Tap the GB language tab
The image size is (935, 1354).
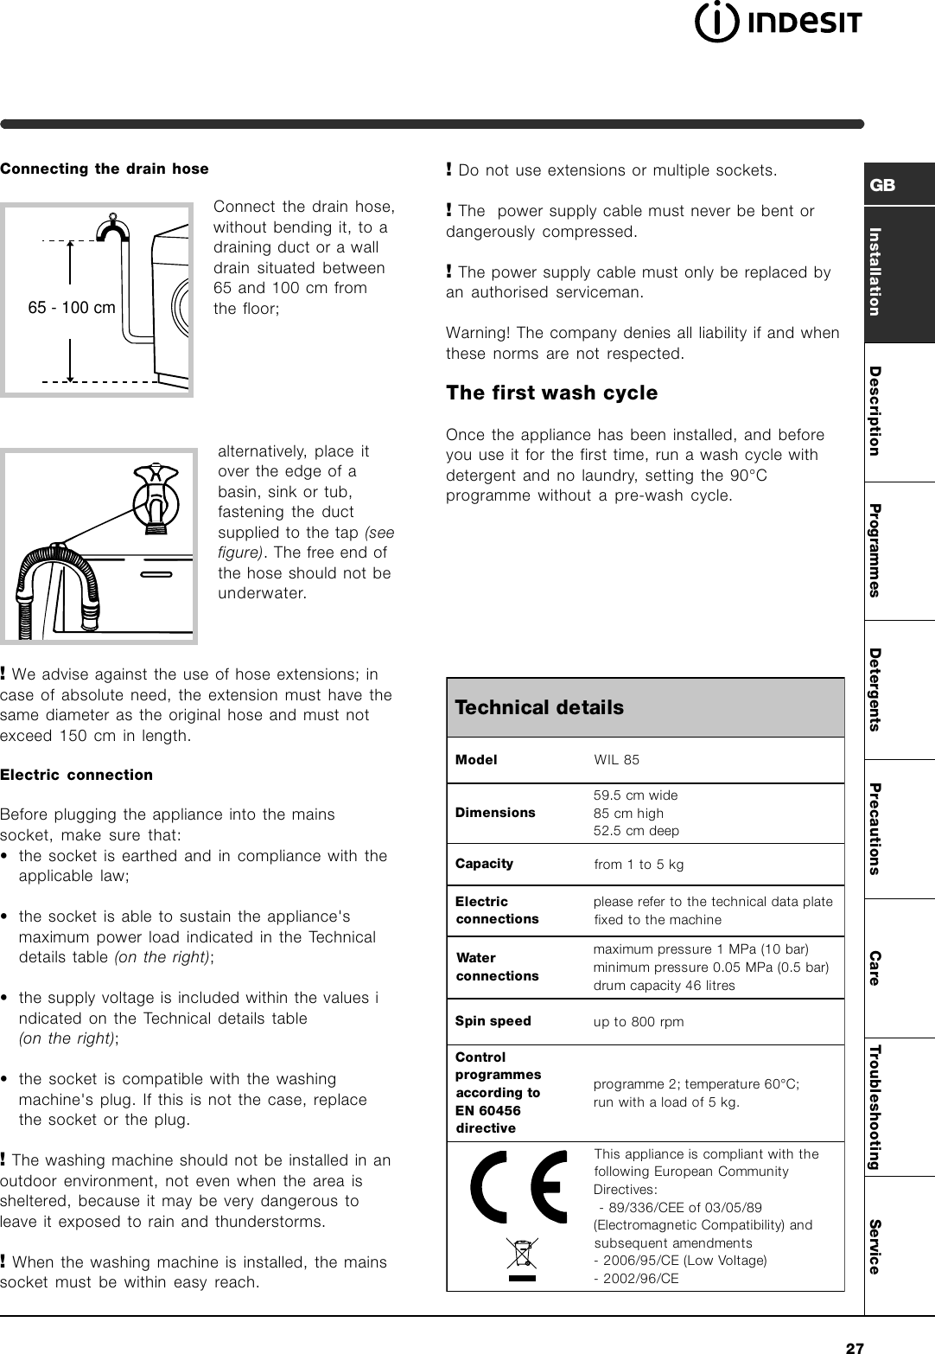click(883, 185)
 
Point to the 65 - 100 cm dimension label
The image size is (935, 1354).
click(73, 308)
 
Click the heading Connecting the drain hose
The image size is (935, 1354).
click(105, 169)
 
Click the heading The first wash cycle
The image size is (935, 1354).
click(551, 393)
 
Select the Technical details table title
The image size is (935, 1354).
click(539, 707)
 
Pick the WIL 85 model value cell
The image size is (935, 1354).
click(617, 760)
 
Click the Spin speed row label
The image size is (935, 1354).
click(493, 1021)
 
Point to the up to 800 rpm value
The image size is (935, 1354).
click(639, 1022)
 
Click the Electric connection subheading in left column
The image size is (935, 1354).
click(77, 775)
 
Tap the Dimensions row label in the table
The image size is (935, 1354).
click(495, 813)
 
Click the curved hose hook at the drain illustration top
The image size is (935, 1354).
click(112, 228)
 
